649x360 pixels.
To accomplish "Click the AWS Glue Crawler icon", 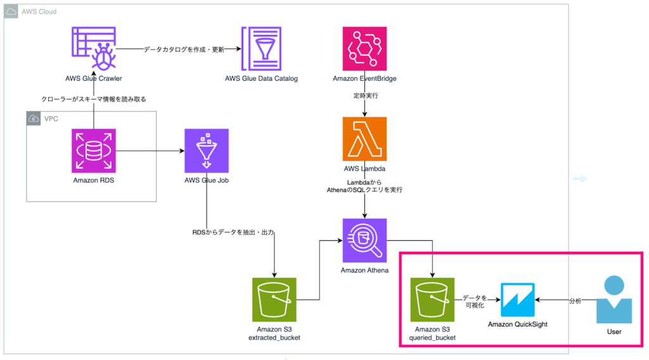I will pos(94,49).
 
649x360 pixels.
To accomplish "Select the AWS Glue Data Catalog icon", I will pos(261,49).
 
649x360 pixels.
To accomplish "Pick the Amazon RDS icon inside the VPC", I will pos(94,151).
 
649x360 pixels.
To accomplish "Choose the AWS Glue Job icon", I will pos(206,151).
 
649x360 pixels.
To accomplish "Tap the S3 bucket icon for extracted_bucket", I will pos(274,300).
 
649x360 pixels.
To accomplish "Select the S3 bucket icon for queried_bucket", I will pos(432,300).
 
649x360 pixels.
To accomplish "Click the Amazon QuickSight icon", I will pos(518,300).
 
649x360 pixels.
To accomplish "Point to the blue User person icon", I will pos(614,300).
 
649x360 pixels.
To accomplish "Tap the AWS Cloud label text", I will pos(39,11).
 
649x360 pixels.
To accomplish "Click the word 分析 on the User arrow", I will pos(574,300).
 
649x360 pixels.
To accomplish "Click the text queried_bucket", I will pos(433,338).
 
